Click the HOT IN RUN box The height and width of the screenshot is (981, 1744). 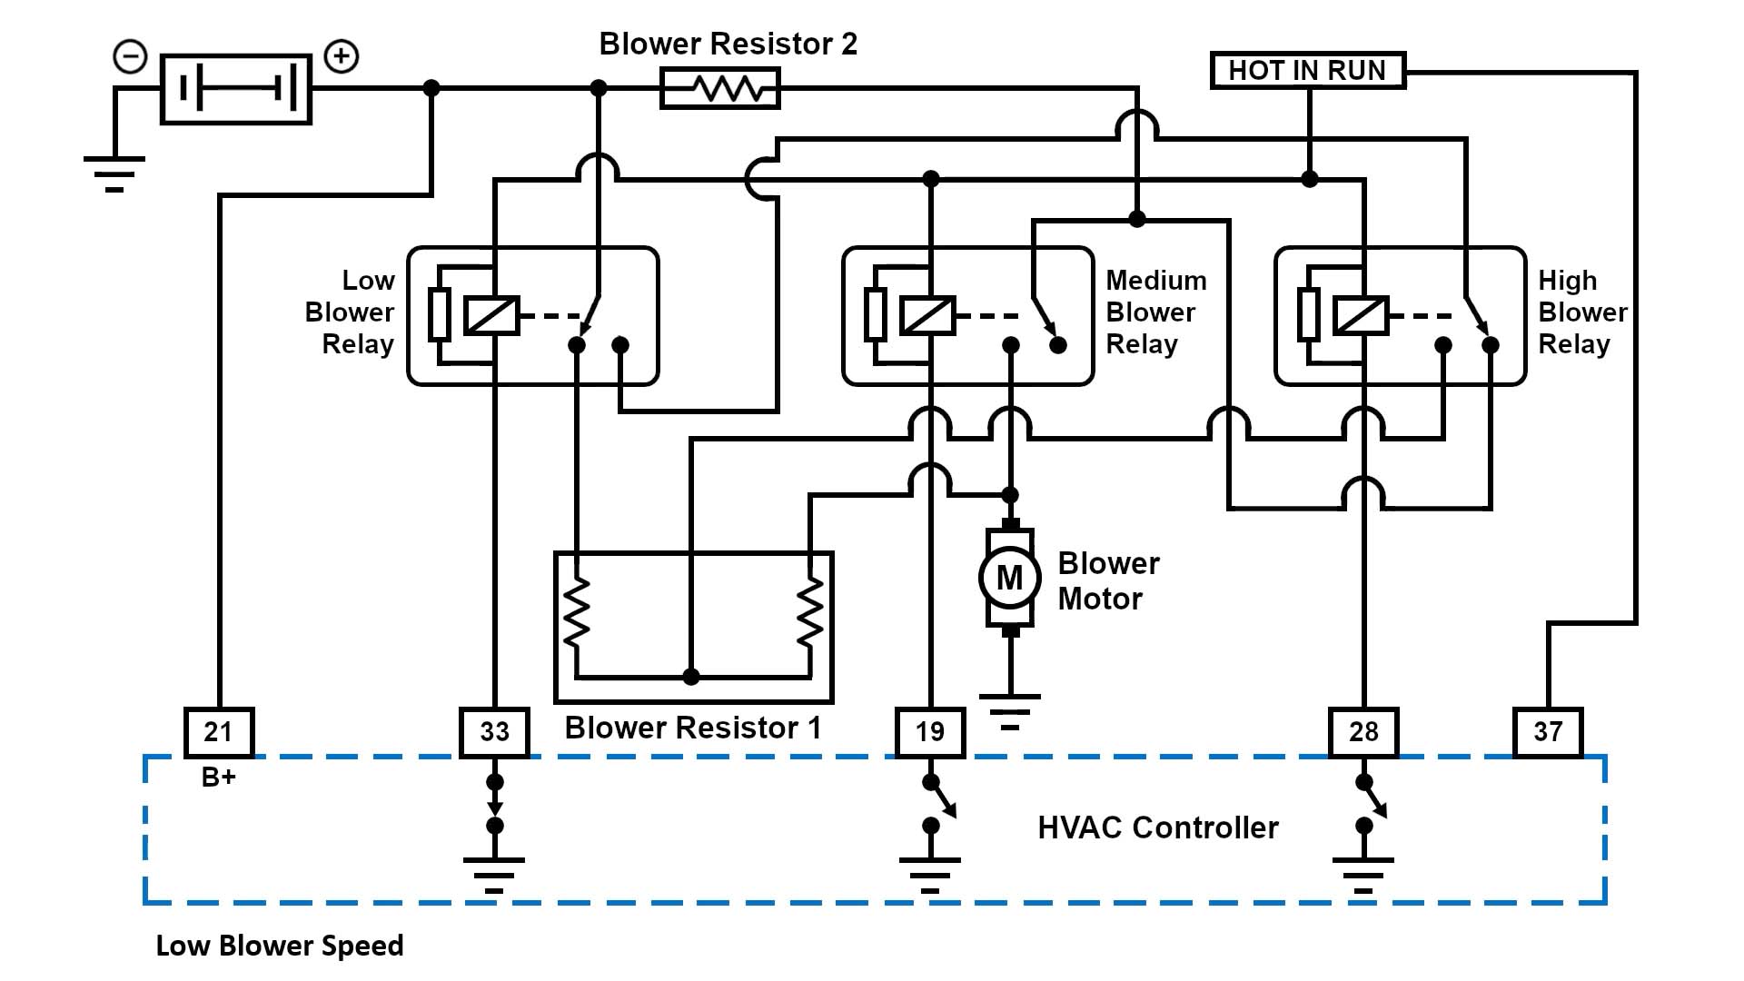coord(1307,70)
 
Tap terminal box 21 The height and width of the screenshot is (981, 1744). coord(218,732)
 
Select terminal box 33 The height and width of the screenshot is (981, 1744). coord(494,732)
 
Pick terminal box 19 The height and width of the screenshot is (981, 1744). coord(929,732)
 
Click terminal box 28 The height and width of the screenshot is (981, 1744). coord(1363,732)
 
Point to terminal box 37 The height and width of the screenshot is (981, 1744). coord(1548,732)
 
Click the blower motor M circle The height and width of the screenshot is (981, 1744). coord(1009,577)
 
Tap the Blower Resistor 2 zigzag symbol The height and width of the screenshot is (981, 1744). coord(719,89)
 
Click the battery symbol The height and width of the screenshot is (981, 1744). coord(236,89)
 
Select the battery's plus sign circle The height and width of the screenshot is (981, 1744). coord(342,56)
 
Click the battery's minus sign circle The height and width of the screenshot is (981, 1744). coord(130,56)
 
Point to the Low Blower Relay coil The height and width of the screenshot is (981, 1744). coord(491,316)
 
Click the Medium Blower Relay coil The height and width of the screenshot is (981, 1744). coord(927,316)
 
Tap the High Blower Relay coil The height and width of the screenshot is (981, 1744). coord(1361,316)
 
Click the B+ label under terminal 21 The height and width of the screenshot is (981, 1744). coord(218,778)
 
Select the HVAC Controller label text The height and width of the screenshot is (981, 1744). coord(1157,827)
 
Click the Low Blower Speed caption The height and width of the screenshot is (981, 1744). coord(280,946)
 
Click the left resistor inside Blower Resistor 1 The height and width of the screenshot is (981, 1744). coord(576,611)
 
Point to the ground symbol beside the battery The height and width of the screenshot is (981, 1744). coord(114,173)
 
